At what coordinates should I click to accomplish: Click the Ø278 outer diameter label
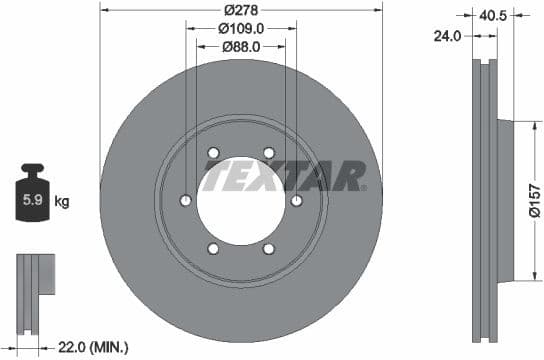[241, 8]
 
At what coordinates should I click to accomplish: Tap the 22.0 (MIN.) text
[94, 346]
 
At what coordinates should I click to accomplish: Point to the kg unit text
[63, 202]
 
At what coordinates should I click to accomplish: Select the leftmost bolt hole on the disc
[185, 201]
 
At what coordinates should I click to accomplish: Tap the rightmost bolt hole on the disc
[296, 201]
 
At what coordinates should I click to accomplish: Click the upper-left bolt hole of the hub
[213, 153]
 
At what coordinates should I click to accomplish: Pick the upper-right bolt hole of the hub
[268, 153]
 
